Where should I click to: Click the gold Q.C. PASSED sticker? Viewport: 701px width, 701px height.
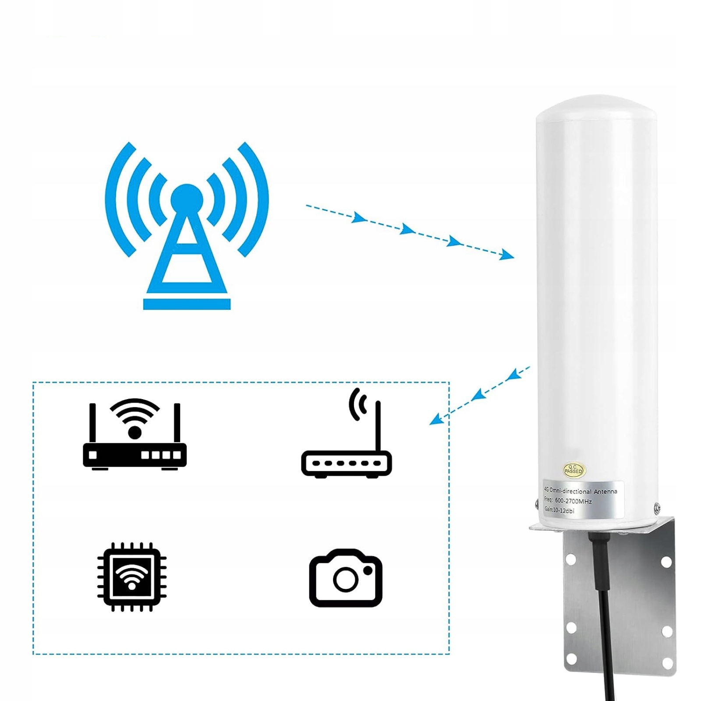point(573,470)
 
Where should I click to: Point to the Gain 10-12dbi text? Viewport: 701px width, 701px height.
point(559,510)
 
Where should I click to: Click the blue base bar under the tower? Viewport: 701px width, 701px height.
point(187,304)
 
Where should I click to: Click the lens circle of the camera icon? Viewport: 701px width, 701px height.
point(346,580)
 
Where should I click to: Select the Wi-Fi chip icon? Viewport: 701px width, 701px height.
point(131,577)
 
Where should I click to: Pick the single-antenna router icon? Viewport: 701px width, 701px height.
point(346,443)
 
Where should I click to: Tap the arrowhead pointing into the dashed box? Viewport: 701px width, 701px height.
point(435,419)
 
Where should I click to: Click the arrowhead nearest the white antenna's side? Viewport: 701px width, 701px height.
point(507,255)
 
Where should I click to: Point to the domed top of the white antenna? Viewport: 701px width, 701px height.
point(597,107)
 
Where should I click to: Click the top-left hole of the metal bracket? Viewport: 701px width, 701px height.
point(570,559)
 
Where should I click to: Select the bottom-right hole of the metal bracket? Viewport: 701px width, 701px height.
point(668,664)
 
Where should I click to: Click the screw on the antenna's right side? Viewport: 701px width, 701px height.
point(658,508)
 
